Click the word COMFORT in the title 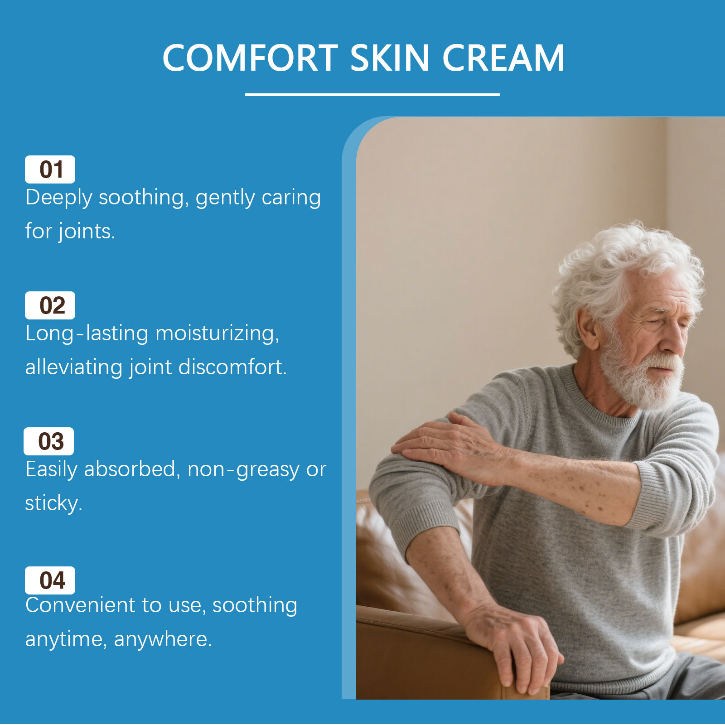[251, 58]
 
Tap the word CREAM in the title [503, 58]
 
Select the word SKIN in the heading [390, 58]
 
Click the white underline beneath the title [372, 95]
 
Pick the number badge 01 [50, 169]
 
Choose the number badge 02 [50, 305]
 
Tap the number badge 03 [48, 441]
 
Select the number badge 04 [50, 580]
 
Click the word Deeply [59, 198]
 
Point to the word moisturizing [217, 334]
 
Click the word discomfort [232, 367]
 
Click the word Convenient [81, 605]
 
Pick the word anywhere [163, 640]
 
